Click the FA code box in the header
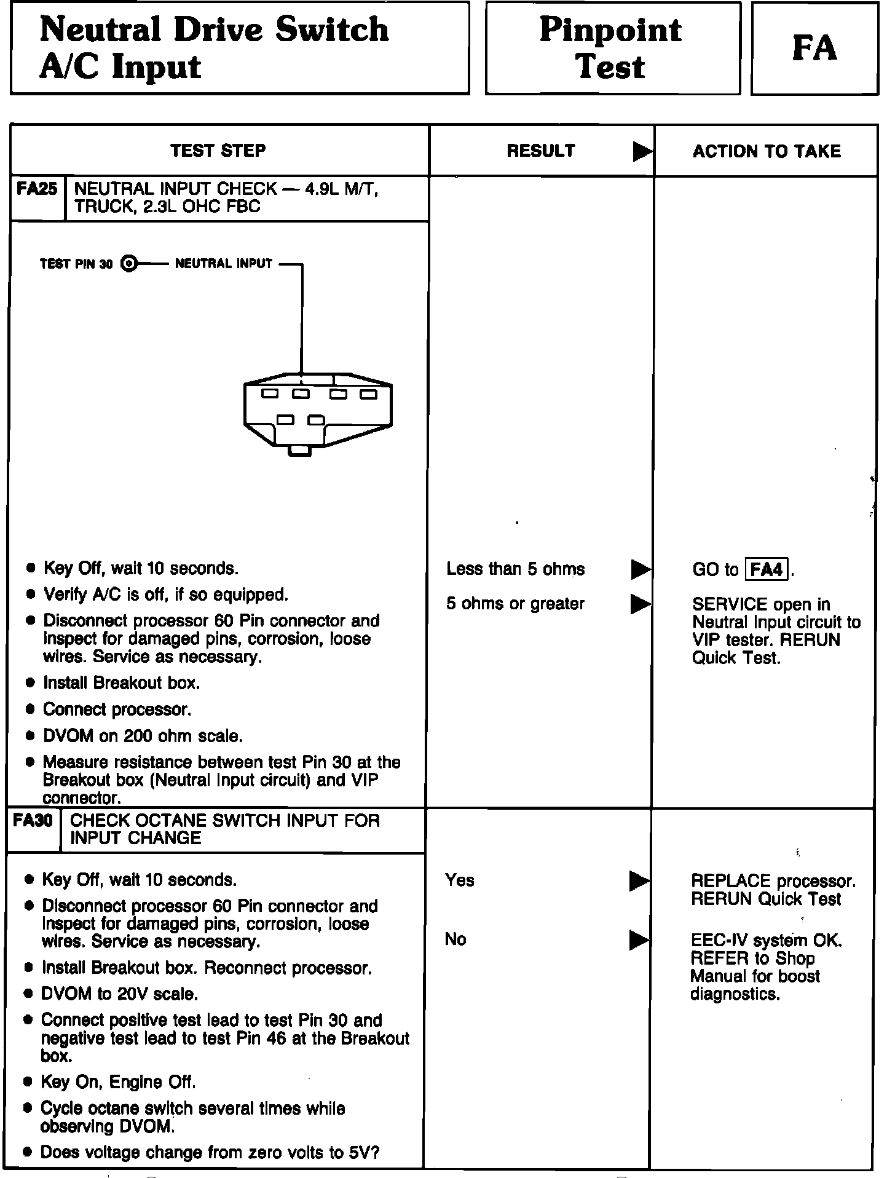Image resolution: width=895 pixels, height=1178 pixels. (x=814, y=49)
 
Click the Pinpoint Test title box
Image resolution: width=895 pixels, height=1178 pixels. (x=612, y=49)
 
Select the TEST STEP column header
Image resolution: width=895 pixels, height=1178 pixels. (x=218, y=151)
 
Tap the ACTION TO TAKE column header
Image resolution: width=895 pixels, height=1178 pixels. (x=767, y=151)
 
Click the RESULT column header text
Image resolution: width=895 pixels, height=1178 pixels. (x=541, y=151)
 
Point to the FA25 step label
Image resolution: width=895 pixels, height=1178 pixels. (x=37, y=189)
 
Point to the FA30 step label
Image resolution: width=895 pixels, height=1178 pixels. (x=33, y=821)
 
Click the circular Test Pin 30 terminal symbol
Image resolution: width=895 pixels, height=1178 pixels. (x=128, y=264)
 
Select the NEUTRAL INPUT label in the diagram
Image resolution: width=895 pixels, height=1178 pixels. (x=224, y=264)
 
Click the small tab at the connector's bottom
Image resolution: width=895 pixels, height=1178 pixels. (x=299, y=451)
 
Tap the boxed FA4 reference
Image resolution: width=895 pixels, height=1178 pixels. (x=767, y=570)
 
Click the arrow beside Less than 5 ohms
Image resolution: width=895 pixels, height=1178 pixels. (x=641, y=570)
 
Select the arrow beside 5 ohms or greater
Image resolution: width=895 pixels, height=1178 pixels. (x=641, y=604)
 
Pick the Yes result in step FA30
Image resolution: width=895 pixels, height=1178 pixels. (x=460, y=880)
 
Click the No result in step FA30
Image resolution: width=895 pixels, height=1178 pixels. (x=455, y=939)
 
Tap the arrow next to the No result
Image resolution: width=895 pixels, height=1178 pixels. (x=639, y=940)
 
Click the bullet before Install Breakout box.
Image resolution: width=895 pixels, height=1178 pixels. (x=31, y=683)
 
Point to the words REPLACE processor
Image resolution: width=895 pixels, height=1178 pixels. (x=773, y=881)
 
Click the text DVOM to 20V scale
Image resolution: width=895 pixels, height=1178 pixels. (x=119, y=994)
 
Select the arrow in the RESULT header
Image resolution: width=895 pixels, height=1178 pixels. (x=642, y=151)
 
